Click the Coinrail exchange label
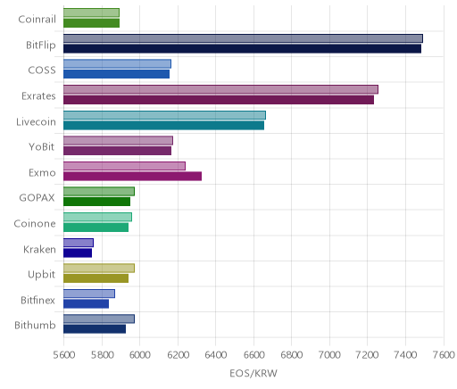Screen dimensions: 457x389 click(x=37, y=20)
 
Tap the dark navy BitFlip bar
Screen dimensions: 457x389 click(x=242, y=49)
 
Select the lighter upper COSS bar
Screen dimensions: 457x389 click(x=117, y=64)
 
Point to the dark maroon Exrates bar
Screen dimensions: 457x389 click(x=219, y=100)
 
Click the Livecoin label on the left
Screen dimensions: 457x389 click(x=36, y=122)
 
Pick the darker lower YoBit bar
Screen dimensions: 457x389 click(x=117, y=151)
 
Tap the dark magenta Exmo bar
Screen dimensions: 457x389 click(x=132, y=177)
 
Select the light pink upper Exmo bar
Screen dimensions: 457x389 click(x=124, y=166)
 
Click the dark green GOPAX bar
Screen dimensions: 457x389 click(x=96, y=202)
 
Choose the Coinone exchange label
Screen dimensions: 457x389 click(x=35, y=224)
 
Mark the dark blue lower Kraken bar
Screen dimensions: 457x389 click(x=78, y=253)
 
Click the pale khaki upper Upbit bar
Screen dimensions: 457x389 click(x=99, y=269)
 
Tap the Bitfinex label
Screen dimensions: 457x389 click(x=37, y=300)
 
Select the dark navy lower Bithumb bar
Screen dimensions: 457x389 click(x=95, y=329)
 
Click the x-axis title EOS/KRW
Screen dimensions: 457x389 click(x=253, y=373)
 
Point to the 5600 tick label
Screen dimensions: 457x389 click(x=64, y=355)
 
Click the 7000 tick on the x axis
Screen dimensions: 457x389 click(x=329, y=355)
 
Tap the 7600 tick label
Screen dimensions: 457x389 click(x=444, y=355)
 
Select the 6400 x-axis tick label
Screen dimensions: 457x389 click(x=216, y=355)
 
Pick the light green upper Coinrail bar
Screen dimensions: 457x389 click(x=91, y=12)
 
